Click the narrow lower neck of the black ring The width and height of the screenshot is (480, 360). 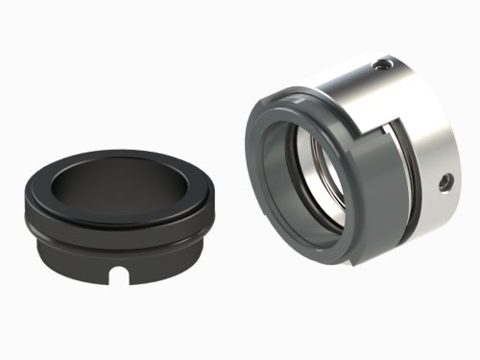click(86, 264)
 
